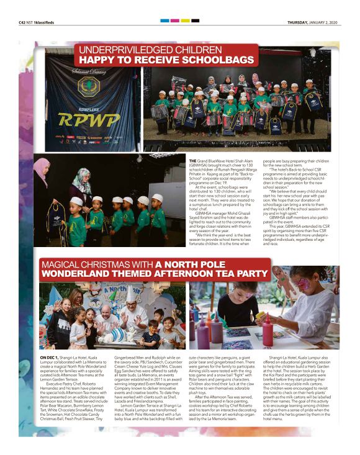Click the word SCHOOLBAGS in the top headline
tap(219, 60)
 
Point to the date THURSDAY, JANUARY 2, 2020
tap(313, 22)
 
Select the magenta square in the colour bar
tap(174, 20)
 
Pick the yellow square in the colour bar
tap(184, 20)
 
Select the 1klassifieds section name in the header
tap(53, 22)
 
